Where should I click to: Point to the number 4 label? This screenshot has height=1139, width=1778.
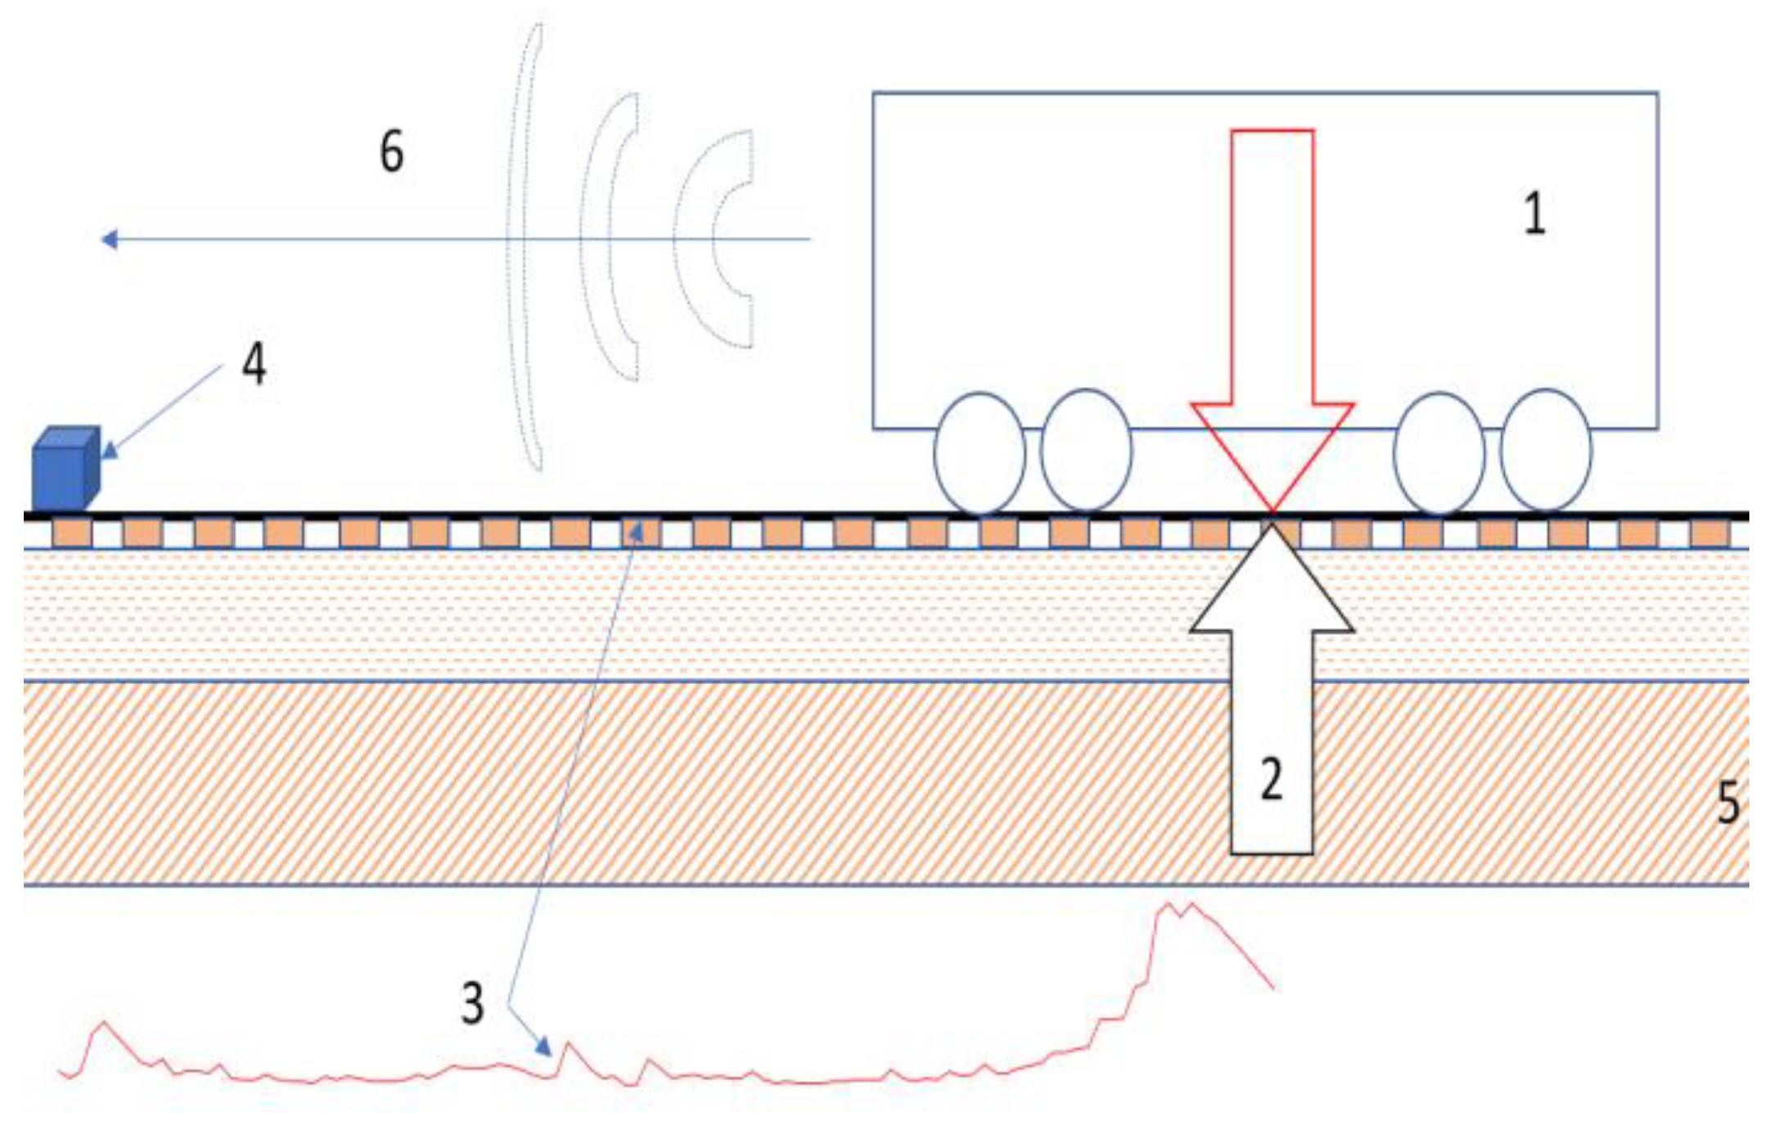coord(254,363)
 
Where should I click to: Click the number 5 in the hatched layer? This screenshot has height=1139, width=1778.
coord(1727,802)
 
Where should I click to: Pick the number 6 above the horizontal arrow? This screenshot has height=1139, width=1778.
coord(392,151)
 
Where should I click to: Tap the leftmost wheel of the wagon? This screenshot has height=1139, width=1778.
coord(979,452)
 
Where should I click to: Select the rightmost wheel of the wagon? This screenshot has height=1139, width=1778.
coord(1546,450)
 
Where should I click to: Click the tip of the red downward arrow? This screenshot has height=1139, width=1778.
coord(1272,509)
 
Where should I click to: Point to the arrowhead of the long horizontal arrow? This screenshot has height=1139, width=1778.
coord(108,239)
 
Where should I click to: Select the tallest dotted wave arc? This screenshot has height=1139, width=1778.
coord(524,245)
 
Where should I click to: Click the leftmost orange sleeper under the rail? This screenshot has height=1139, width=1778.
coord(71,533)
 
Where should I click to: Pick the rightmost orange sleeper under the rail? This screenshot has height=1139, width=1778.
coord(1710,533)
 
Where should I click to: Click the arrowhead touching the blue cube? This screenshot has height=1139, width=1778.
coord(109,448)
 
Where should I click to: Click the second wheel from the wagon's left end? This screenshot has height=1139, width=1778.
coord(1086,450)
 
